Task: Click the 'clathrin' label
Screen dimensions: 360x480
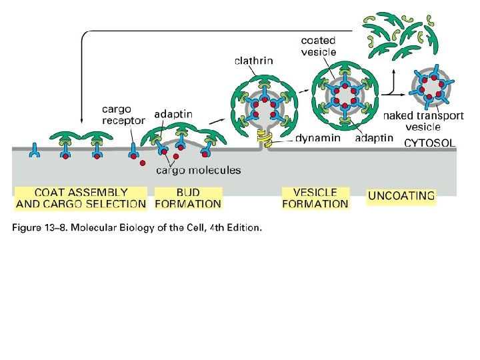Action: (x=253, y=61)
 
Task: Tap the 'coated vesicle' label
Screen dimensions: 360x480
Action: (x=319, y=46)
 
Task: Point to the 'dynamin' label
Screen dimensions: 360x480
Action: (x=317, y=139)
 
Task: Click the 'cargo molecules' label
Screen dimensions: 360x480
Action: (x=198, y=170)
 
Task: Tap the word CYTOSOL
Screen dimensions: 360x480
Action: (x=430, y=142)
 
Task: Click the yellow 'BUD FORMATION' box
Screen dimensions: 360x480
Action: (x=188, y=198)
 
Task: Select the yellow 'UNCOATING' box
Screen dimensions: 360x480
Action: (x=401, y=196)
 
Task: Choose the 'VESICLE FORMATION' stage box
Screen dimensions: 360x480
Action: (x=315, y=198)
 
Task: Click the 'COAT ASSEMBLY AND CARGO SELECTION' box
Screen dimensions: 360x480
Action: (x=81, y=198)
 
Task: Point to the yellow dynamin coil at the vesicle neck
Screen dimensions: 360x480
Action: (x=265, y=141)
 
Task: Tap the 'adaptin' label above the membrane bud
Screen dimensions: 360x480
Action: (x=173, y=115)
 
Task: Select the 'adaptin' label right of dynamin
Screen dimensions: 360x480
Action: (x=373, y=139)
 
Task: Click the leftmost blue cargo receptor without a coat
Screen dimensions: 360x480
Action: (x=33, y=153)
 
